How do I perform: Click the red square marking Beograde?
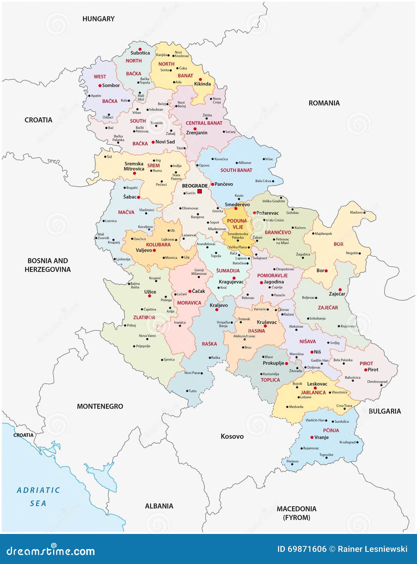click(x=199, y=191)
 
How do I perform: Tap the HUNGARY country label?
click(x=98, y=19)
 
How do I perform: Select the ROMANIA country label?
click(x=324, y=103)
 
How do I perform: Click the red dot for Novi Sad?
click(x=153, y=142)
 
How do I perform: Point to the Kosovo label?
click(x=232, y=437)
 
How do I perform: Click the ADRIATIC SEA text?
click(x=38, y=497)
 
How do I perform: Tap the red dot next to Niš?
click(x=312, y=352)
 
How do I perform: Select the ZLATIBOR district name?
click(x=144, y=317)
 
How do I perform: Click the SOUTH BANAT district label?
click(x=236, y=170)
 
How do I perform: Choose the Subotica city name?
click(x=140, y=53)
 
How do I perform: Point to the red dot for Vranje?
click(x=312, y=438)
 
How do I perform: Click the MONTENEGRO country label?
click(x=100, y=406)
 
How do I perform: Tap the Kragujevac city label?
click(x=231, y=282)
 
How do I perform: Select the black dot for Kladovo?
click(x=364, y=212)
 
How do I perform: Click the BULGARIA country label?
click(x=385, y=411)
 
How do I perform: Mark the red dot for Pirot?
click(x=366, y=370)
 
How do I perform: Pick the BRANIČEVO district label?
click(x=278, y=232)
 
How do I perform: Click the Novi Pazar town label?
click(x=192, y=373)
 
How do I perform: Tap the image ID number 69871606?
click(x=301, y=549)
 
